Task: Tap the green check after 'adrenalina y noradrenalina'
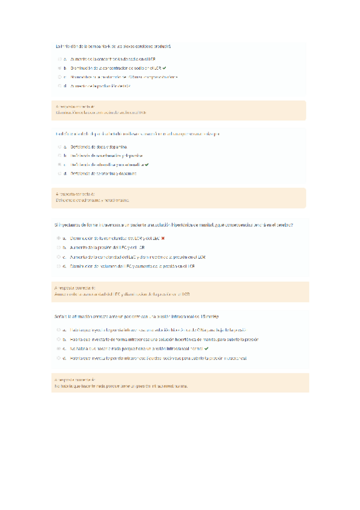[x=147, y=164]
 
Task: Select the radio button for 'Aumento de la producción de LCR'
[x=59, y=86]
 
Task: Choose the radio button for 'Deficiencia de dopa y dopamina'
[x=59, y=146]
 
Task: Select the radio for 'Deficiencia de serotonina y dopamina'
[x=59, y=173]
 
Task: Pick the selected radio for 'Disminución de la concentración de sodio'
[x=59, y=69]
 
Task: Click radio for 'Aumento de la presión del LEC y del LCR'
[x=59, y=248]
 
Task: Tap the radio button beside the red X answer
[x=59, y=239]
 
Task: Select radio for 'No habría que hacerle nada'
[x=59, y=348]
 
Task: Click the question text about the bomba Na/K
[x=113, y=46]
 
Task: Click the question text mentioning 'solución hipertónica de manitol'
[x=174, y=225]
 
